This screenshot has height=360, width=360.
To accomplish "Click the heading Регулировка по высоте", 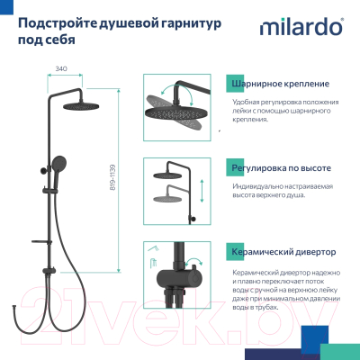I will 273,166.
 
